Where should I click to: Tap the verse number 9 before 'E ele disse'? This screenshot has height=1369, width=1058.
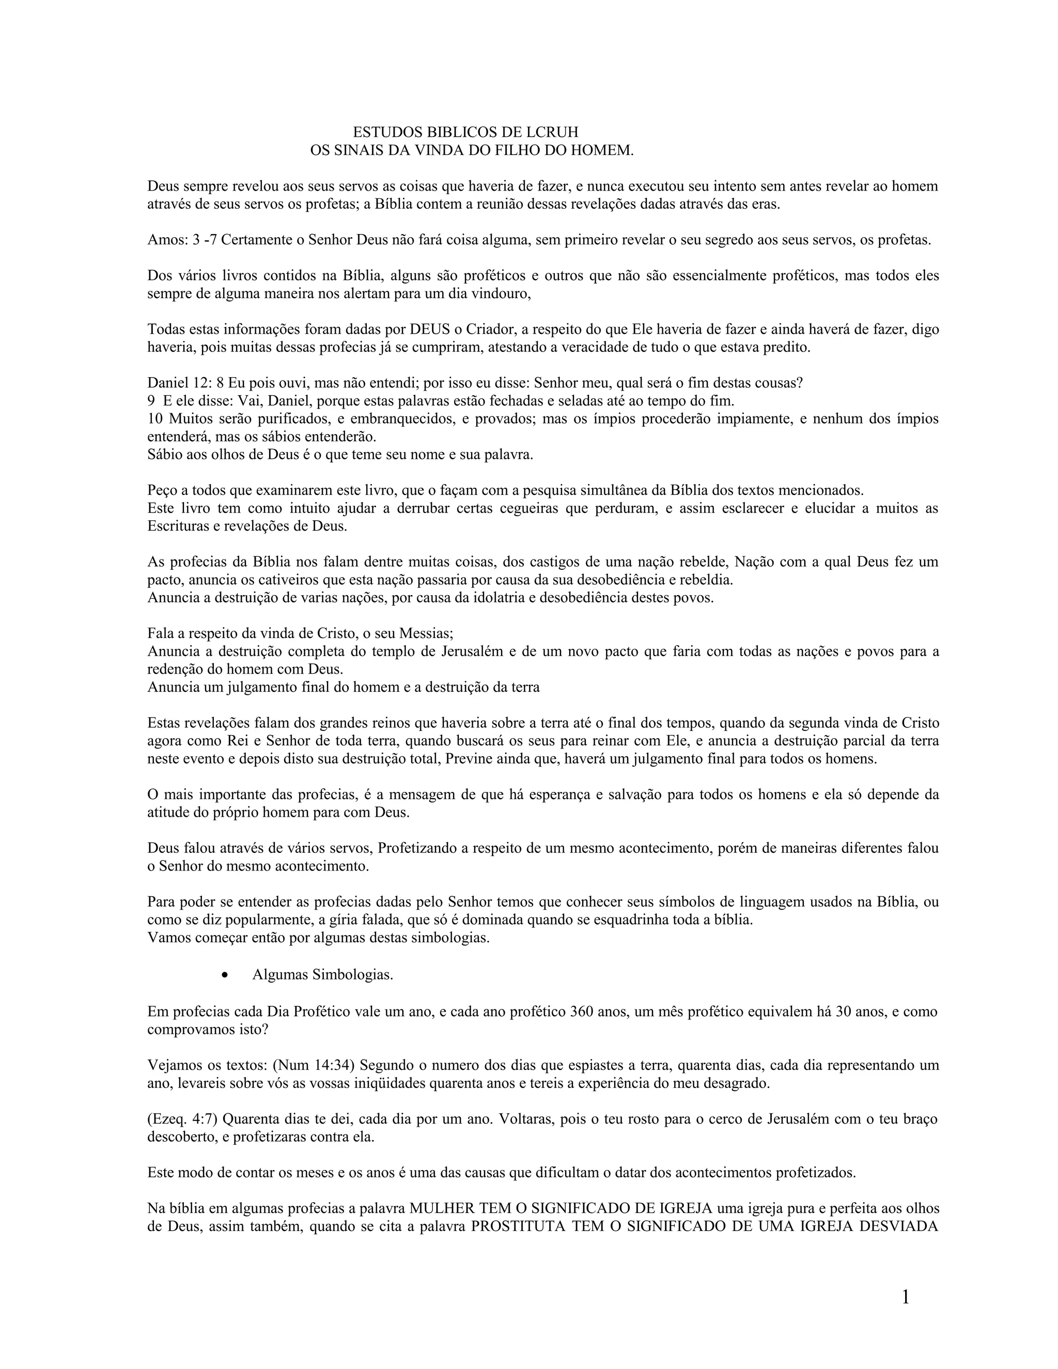click(x=151, y=400)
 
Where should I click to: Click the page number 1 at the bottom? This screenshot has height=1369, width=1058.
click(x=905, y=1297)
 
